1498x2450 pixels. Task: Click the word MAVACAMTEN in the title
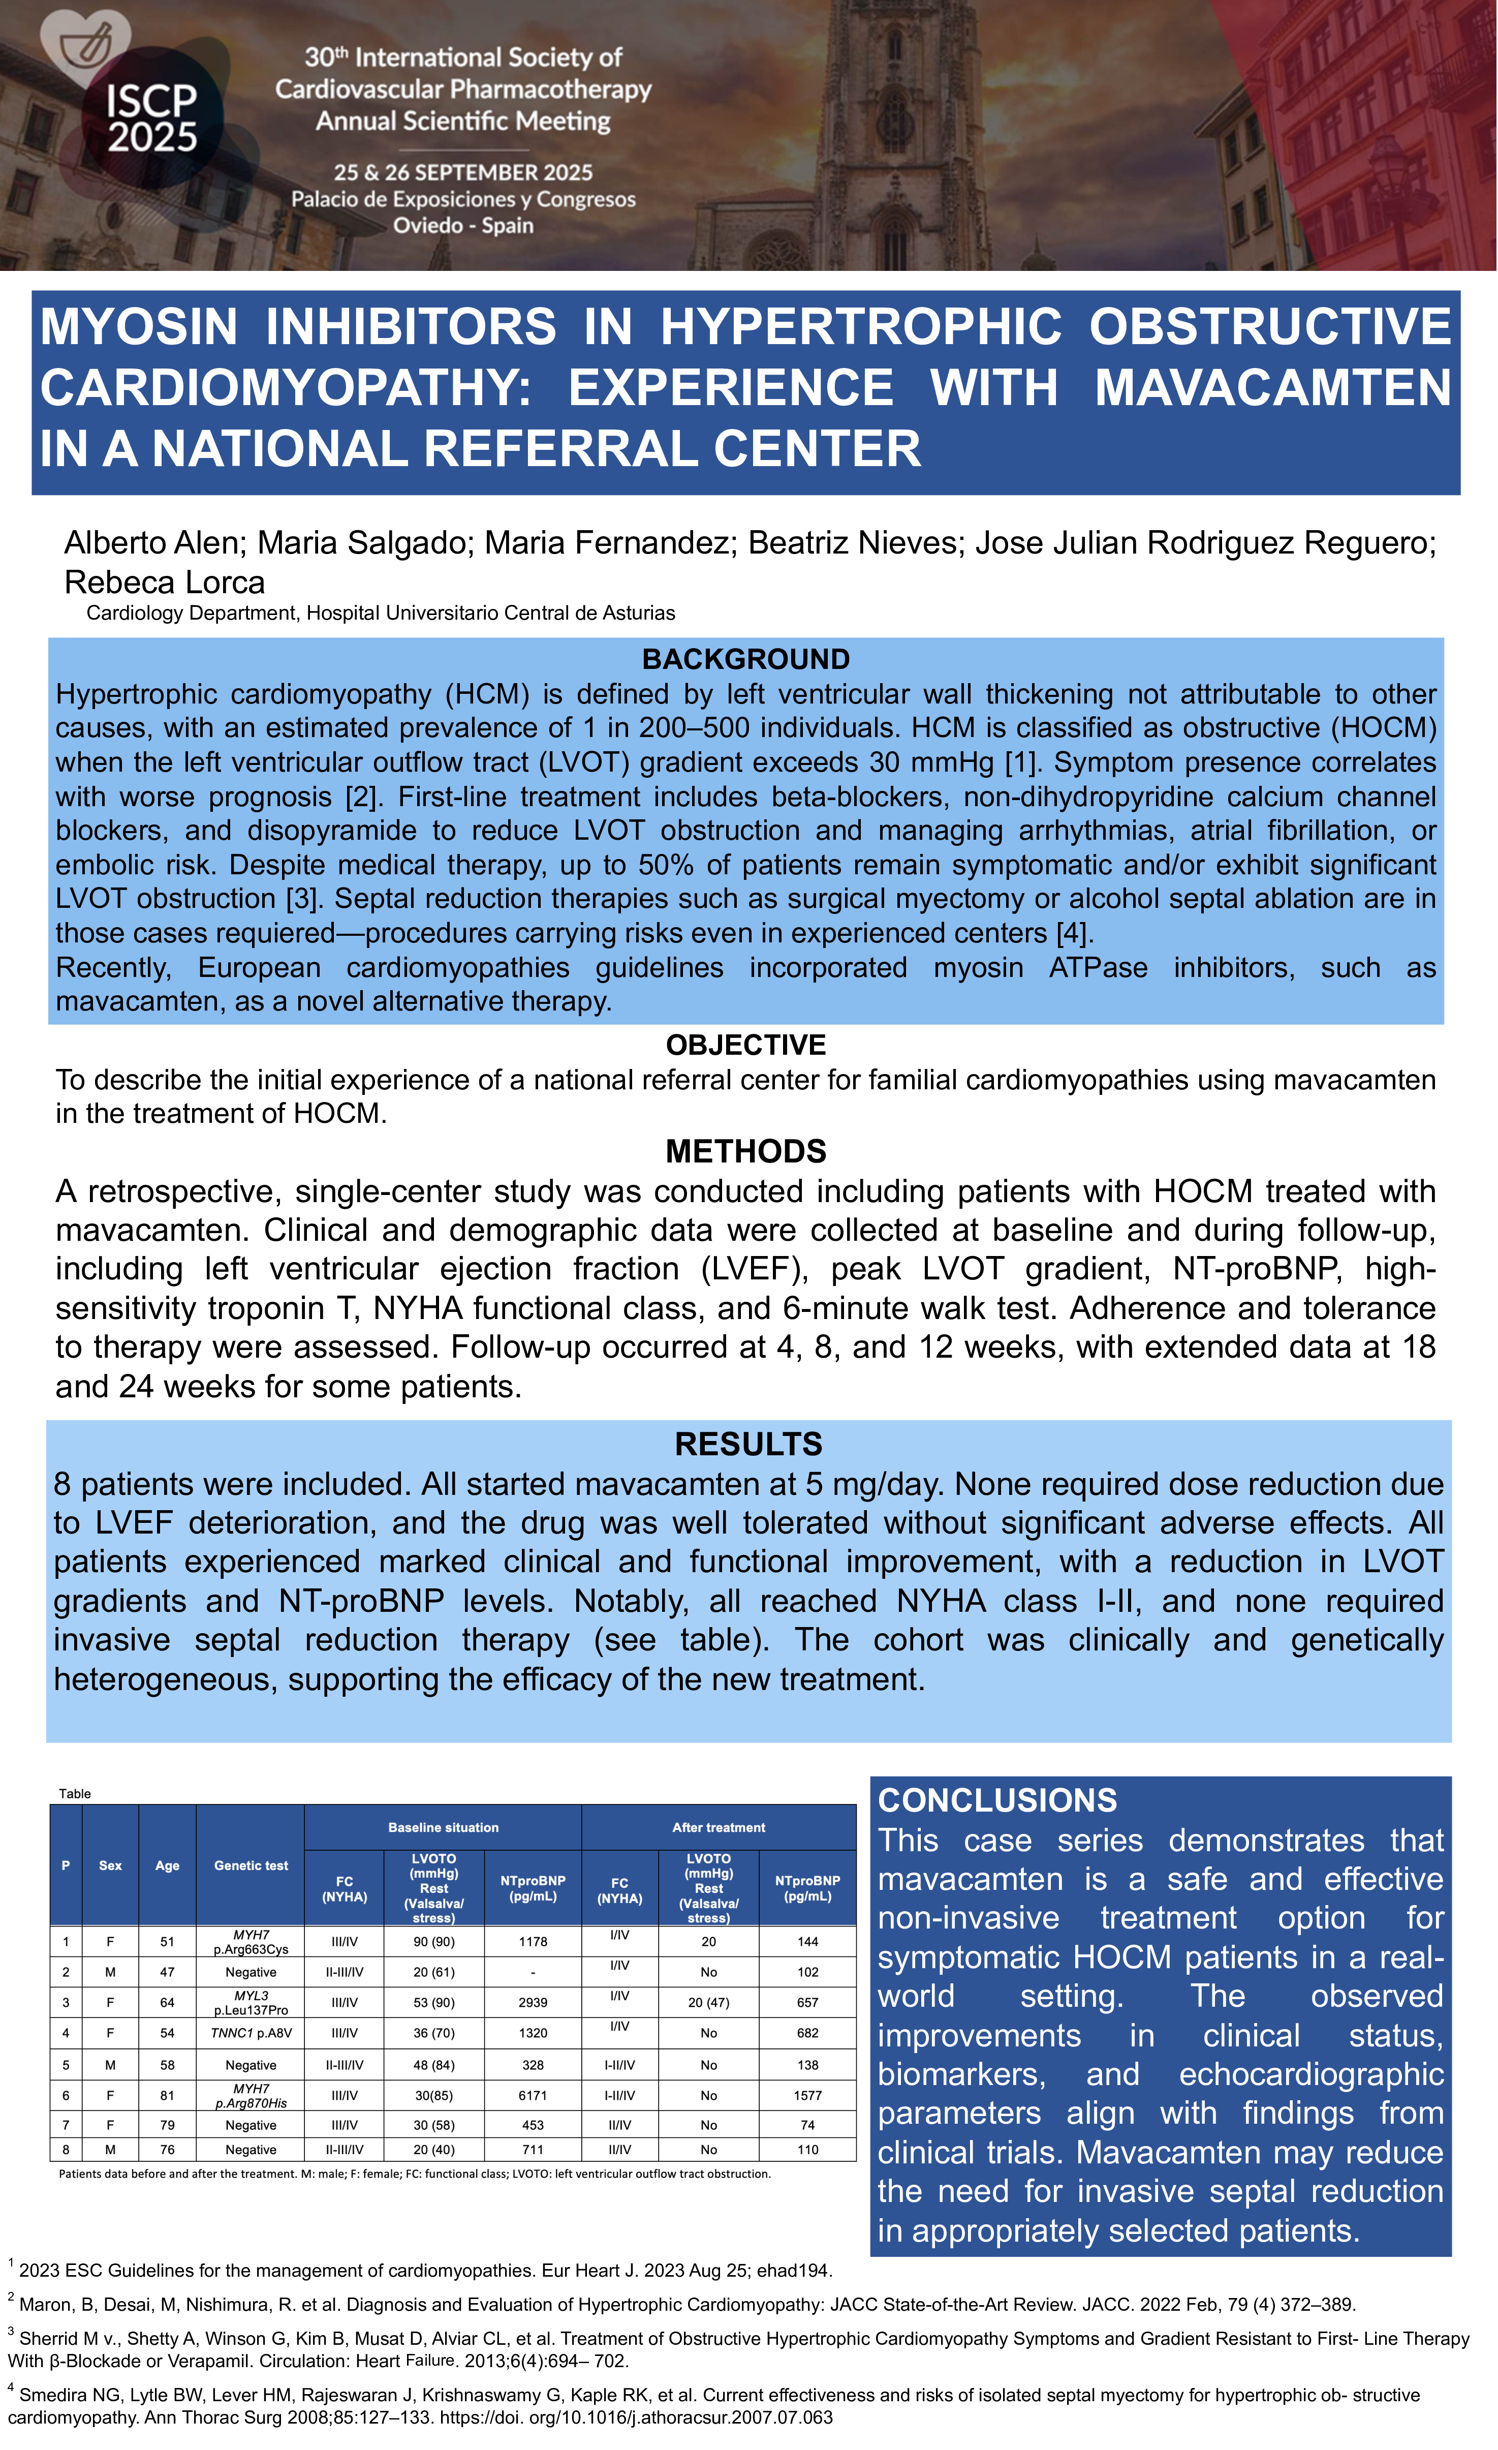tap(1272, 388)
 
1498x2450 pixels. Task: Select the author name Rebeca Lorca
tap(165, 583)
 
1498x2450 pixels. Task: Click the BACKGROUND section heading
tap(745, 659)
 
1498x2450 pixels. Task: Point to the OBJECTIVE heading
tap(745, 1045)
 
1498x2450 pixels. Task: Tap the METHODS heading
tap(745, 1151)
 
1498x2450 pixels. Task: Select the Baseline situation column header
tap(443, 1827)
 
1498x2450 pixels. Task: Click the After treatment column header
tap(719, 1827)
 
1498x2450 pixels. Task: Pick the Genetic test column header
tap(251, 1865)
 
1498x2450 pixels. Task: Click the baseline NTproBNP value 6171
tap(533, 2095)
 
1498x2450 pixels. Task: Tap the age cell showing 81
tap(167, 2095)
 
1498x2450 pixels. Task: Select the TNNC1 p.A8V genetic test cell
tap(251, 2033)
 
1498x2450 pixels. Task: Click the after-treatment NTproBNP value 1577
tap(807, 2095)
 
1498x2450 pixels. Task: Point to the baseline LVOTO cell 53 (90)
tap(433, 2003)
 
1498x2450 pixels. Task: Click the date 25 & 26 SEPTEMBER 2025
tap(463, 173)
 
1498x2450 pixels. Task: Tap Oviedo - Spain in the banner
tap(463, 226)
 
